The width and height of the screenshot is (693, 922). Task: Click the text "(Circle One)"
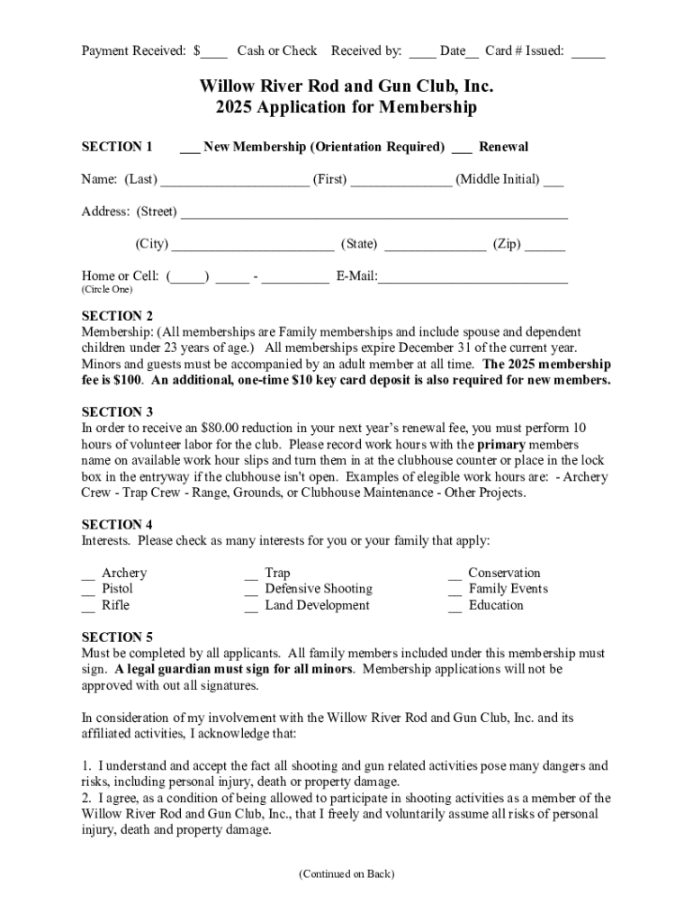tap(106, 290)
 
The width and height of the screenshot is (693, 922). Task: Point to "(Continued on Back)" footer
tap(346, 873)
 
